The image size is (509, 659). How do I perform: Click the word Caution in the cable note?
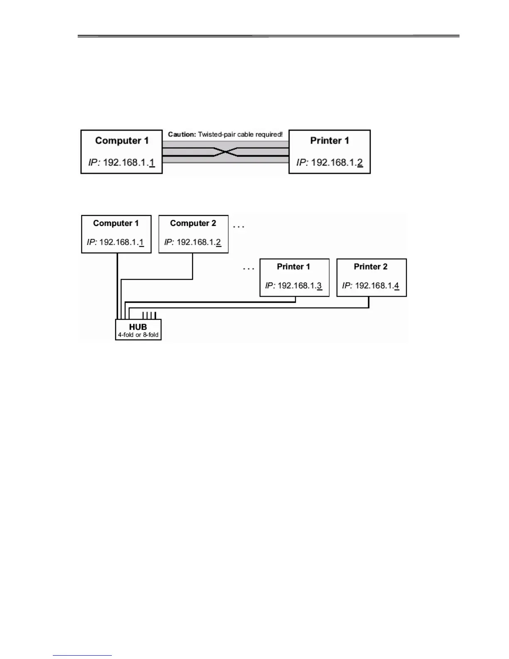coord(182,134)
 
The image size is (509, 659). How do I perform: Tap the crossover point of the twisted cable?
coord(225,152)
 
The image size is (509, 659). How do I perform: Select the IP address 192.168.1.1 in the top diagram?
coord(121,162)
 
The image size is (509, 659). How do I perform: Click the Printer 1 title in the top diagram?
coord(329,141)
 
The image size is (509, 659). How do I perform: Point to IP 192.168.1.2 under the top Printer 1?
coord(329,162)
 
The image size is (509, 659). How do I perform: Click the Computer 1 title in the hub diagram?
coord(116,223)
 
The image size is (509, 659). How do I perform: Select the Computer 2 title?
coord(193,223)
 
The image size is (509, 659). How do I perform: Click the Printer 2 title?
coord(371,267)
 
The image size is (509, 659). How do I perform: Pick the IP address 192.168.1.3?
coord(294,286)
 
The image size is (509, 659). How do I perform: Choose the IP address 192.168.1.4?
coord(371,286)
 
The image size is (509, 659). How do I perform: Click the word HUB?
coord(138,327)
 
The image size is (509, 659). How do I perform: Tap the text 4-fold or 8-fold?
coord(138,335)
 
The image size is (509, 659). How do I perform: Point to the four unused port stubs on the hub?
coord(149,315)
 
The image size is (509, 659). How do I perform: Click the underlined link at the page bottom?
coord(82,654)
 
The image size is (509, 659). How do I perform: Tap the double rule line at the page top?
coord(268,36)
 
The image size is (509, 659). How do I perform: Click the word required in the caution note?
coord(269,134)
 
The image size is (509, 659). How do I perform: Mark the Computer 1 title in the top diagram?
coord(121,141)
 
